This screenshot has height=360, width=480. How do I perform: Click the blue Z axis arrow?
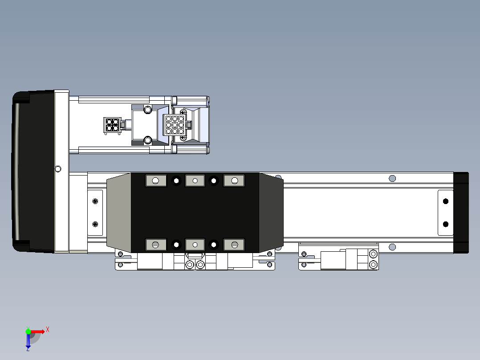(28, 341)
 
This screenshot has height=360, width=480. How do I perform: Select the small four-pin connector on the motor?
(112, 125)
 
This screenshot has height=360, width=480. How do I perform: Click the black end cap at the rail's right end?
(461, 213)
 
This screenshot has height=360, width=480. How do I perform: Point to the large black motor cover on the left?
(33, 172)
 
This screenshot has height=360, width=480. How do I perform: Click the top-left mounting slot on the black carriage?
(155, 180)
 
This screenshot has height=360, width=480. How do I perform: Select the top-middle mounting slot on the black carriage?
(195, 180)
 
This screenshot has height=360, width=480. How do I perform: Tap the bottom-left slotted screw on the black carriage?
(155, 245)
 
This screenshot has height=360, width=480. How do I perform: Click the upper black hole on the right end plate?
(445, 201)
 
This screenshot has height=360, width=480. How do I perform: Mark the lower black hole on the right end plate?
(445, 224)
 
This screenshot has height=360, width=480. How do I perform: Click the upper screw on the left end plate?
(94, 201)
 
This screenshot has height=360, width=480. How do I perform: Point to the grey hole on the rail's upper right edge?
(392, 178)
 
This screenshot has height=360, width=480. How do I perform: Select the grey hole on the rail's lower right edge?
(392, 247)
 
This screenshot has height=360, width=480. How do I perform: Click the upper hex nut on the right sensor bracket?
(373, 254)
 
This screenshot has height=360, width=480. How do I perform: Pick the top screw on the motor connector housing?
(147, 109)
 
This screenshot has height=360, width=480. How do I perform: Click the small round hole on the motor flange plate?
(57, 168)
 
